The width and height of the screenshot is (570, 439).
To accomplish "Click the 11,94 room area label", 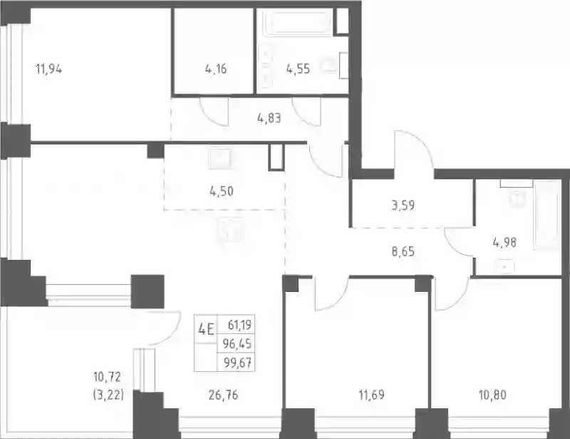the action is tap(48, 69).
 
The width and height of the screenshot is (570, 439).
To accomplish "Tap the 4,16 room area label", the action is tap(216, 69).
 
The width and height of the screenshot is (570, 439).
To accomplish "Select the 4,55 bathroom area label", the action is tap(298, 69).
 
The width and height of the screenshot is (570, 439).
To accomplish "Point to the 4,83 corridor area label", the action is tap(269, 118).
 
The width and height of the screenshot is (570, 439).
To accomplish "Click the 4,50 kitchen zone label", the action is tap(222, 191).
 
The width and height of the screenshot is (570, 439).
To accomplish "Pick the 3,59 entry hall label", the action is tap(403, 205).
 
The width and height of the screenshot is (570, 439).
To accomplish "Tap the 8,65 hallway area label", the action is tap(403, 251).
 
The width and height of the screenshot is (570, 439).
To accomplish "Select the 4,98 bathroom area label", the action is tap(504, 242).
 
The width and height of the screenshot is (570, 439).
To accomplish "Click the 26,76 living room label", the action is tap(223, 395).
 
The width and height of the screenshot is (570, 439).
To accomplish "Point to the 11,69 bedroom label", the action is tap(371, 395).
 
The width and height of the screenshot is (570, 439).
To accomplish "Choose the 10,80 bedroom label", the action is tap(492, 395).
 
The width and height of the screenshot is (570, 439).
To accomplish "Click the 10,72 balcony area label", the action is tap(108, 377).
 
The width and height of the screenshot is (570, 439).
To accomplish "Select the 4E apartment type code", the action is tap(206, 330).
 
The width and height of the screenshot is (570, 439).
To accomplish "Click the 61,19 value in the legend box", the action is tap(239, 324).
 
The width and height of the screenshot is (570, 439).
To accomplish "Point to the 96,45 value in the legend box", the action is tap(237, 343).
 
